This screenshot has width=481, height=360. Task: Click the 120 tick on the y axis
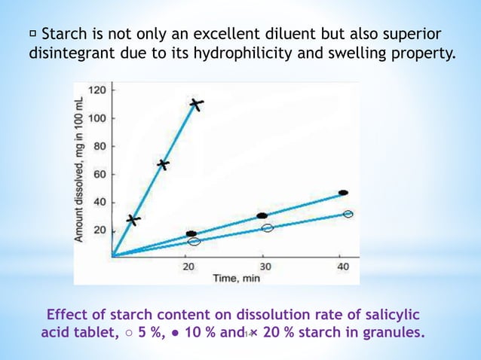click(x=99, y=90)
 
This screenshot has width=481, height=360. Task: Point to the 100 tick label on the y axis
click(x=99, y=118)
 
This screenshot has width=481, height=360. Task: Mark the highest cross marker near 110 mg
click(x=196, y=105)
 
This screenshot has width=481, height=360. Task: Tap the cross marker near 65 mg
click(x=163, y=165)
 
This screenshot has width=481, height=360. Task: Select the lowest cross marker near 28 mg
click(x=133, y=220)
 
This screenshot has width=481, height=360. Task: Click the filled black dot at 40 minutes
click(x=343, y=193)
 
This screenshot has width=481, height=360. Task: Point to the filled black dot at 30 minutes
click(x=262, y=215)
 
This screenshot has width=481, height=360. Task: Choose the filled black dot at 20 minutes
click(x=191, y=234)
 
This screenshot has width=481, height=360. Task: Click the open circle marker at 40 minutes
click(x=348, y=215)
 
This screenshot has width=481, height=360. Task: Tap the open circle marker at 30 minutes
click(x=267, y=228)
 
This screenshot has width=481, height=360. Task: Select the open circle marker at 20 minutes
click(x=195, y=242)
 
